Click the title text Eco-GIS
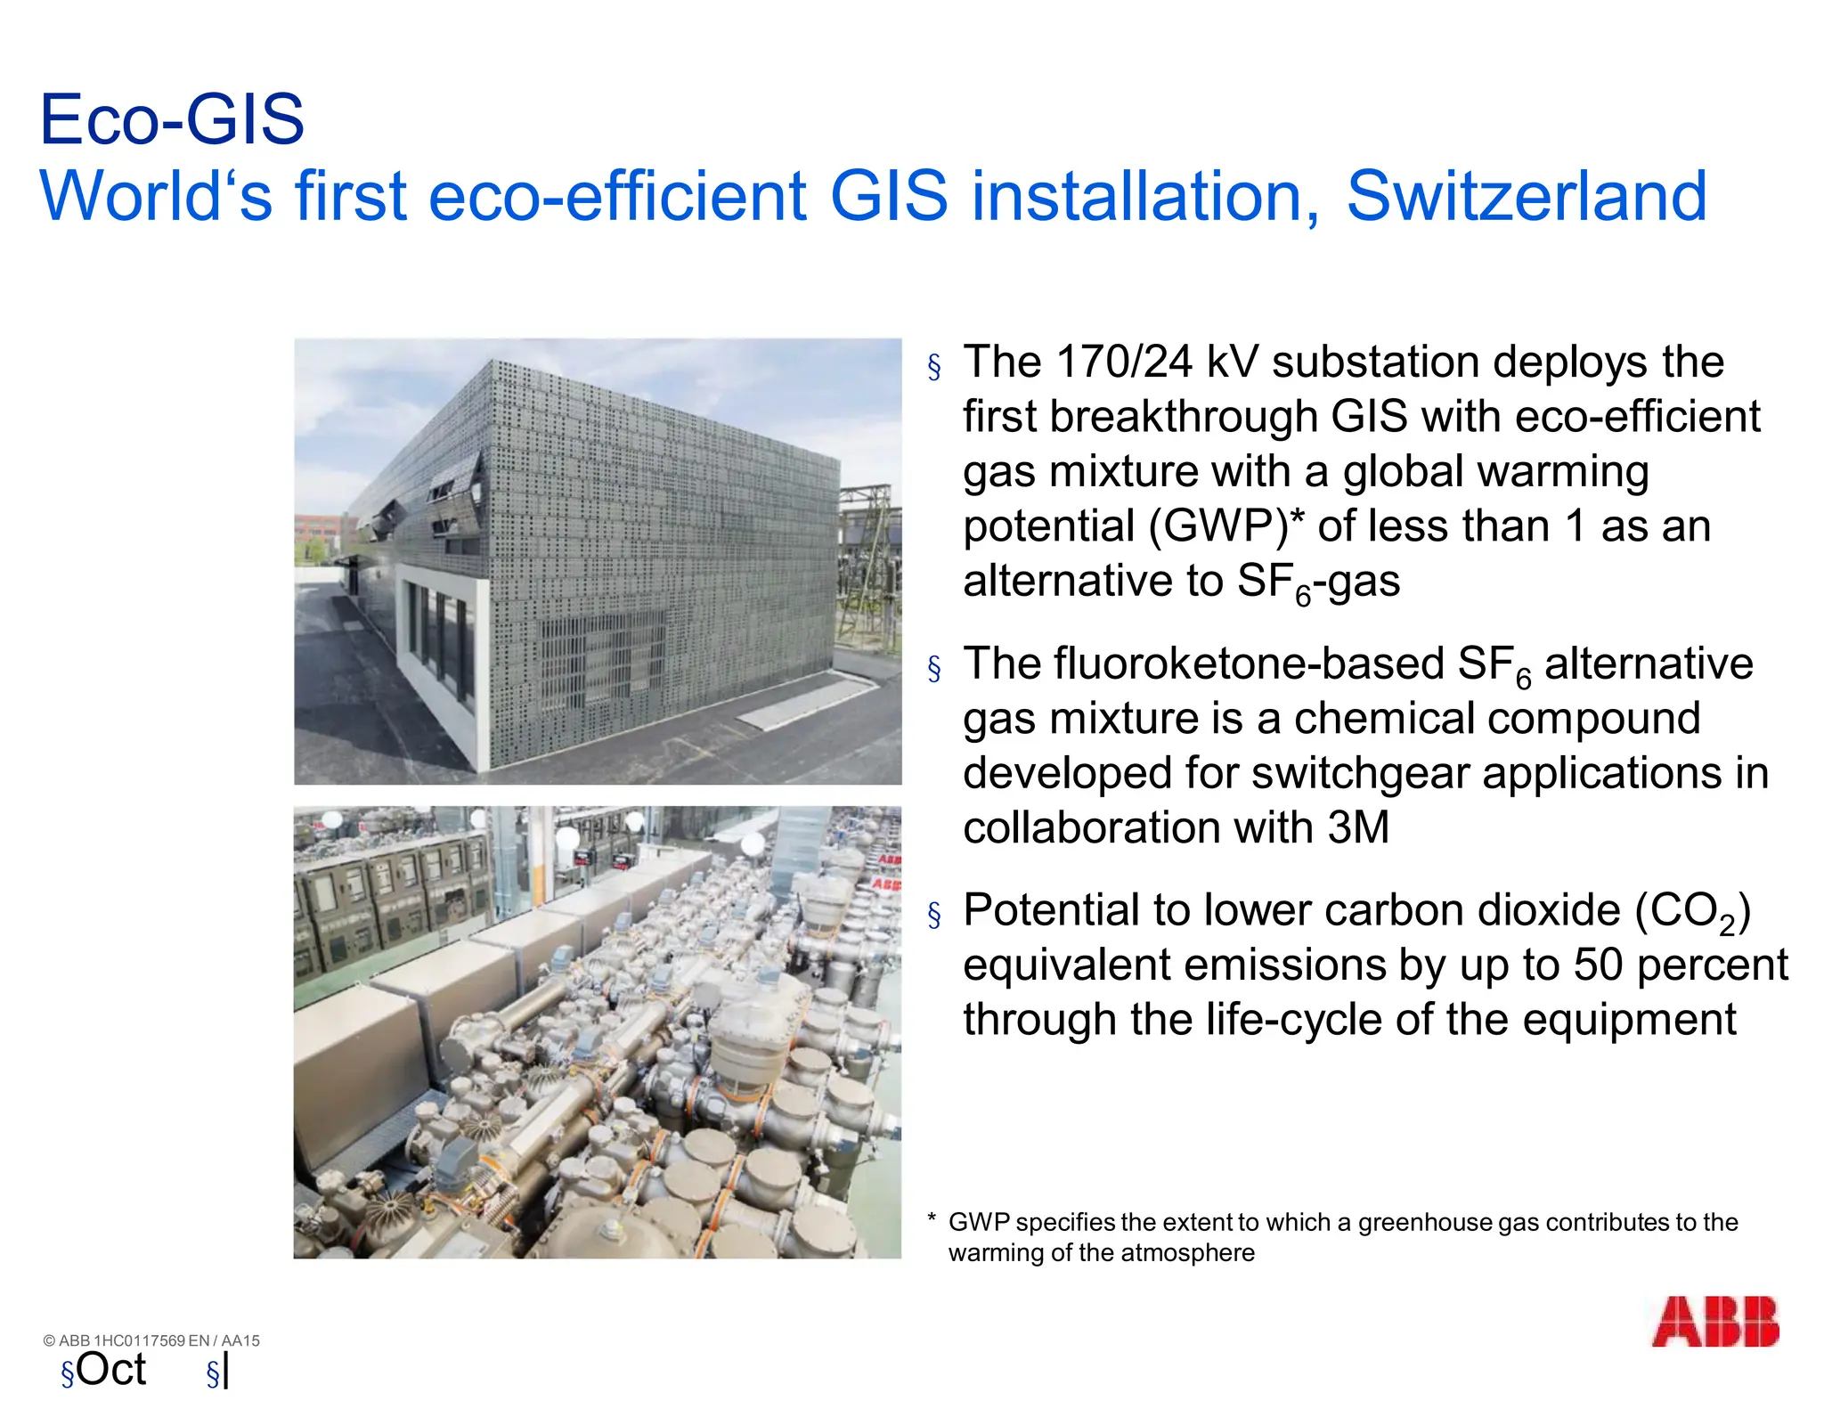(172, 119)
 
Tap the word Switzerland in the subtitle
(1527, 196)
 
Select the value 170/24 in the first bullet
(1123, 362)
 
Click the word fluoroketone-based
(1249, 664)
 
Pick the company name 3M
(1357, 827)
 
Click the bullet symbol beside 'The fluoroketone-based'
(934, 668)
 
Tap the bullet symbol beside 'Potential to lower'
(934, 915)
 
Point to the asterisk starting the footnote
(932, 1219)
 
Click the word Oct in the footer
(111, 1370)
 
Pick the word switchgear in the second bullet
(1360, 773)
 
